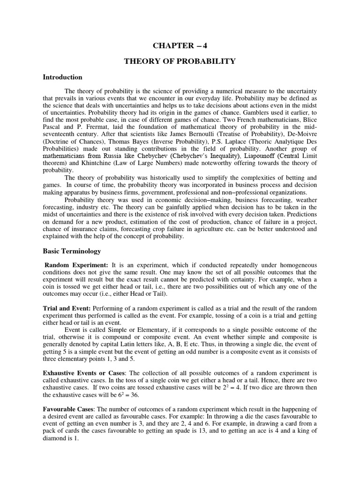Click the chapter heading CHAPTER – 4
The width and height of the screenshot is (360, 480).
coord(180,45)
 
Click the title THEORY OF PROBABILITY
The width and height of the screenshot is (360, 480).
coord(180,61)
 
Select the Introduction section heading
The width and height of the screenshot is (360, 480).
coord(62,77)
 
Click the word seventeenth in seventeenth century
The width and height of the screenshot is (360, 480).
coord(60,133)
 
